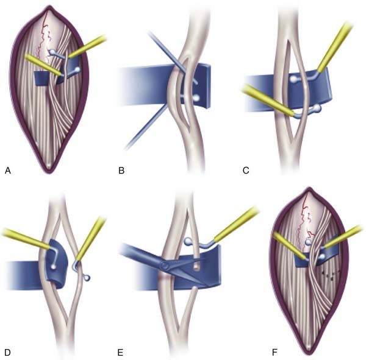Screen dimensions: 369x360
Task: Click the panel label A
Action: tap(8, 171)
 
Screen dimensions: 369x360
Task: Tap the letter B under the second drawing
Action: tap(121, 171)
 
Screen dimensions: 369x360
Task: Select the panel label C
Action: tap(246, 171)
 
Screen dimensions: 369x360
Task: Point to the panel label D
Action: tap(7, 353)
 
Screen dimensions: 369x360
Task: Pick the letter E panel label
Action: tap(121, 353)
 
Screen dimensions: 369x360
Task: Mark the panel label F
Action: tap(274, 353)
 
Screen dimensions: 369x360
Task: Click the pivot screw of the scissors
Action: tap(164, 266)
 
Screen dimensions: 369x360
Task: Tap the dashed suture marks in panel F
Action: tap(331, 275)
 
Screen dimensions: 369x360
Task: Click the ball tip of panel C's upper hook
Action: tap(293, 79)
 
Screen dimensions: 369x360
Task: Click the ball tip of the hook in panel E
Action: tap(188, 241)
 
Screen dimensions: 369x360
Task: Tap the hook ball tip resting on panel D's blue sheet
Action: tap(54, 267)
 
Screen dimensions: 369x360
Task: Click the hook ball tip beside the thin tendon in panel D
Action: tap(87, 278)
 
